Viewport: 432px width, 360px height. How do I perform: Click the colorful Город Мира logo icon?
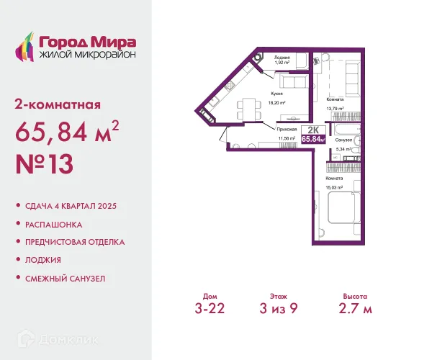[24, 46]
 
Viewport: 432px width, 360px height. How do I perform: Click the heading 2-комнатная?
[58, 105]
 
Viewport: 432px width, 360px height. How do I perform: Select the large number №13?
[45, 164]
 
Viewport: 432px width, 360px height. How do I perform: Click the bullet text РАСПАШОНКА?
[54, 225]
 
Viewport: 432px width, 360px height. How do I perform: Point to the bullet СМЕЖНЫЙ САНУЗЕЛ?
[66, 279]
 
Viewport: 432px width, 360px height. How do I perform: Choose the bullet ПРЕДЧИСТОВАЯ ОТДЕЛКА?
[75, 242]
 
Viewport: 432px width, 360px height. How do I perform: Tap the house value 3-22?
[210, 308]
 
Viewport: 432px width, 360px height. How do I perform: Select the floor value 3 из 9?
[279, 308]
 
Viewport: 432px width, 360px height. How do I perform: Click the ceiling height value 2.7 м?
[356, 308]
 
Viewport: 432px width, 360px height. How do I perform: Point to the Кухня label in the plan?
[277, 94]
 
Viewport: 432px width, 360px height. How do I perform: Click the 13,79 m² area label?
[335, 109]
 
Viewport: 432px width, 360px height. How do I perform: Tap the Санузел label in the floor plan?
[343, 140]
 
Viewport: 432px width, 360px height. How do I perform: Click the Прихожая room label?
[287, 129]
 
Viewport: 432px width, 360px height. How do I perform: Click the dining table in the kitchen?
[249, 109]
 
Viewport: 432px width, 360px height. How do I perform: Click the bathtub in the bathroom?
[347, 129]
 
